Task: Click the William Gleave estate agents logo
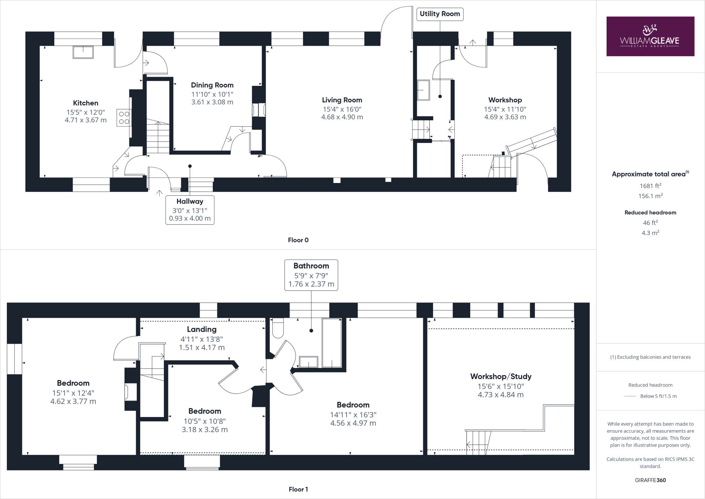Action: [x=650, y=36]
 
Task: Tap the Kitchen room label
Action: [x=85, y=103]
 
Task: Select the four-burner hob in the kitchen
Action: [x=124, y=117]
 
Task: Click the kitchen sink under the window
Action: [x=83, y=52]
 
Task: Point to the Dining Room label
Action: [x=212, y=85]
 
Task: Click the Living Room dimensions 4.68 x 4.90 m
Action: [x=342, y=117]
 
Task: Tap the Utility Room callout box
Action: [x=440, y=14]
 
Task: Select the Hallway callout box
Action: [x=190, y=210]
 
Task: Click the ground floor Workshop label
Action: [x=505, y=100]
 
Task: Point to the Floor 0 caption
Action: [x=298, y=240]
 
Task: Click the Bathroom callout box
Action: [x=311, y=275]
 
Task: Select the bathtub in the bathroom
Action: [x=332, y=343]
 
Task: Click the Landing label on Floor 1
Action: [x=202, y=329]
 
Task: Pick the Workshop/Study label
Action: [x=501, y=376]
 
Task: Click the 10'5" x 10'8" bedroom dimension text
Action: [x=204, y=421]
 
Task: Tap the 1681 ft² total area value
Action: [x=650, y=186]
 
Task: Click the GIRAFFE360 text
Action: [x=650, y=480]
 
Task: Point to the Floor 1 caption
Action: [x=298, y=489]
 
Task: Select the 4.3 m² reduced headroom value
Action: [x=650, y=233]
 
